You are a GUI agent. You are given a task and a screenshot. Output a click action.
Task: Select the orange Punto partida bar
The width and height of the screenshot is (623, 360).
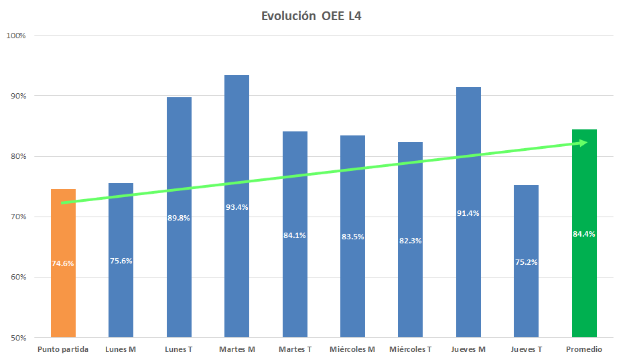click(63, 295)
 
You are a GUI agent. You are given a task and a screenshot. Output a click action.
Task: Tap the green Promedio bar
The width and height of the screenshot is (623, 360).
click(584, 282)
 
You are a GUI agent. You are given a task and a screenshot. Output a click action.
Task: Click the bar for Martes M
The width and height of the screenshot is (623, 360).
click(236, 268)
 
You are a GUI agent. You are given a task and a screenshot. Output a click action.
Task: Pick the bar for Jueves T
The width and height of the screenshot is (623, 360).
click(526, 295)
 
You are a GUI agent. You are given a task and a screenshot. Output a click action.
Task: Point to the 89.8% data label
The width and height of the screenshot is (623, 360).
click(179, 217)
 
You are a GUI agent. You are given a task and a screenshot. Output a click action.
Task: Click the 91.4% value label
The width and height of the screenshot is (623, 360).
click(468, 213)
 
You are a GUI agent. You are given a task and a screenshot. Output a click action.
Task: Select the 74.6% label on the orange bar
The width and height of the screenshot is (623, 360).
click(63, 263)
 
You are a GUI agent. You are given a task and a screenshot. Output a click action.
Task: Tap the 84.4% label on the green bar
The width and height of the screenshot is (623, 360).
click(584, 234)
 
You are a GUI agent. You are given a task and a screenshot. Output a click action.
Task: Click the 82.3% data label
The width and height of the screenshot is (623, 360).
click(410, 240)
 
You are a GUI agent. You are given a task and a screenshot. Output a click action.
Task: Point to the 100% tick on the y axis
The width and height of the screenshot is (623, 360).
click(15, 36)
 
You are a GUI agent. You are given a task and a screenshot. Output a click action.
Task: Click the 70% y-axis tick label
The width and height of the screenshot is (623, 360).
click(17, 217)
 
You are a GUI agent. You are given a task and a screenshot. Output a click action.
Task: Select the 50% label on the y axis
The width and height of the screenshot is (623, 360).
click(17, 338)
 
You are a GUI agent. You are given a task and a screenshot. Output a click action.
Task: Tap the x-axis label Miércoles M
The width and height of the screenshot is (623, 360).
click(352, 349)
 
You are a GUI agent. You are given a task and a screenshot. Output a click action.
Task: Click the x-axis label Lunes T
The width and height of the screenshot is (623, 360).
click(179, 349)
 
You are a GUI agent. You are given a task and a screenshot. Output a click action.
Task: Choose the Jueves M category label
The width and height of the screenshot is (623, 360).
click(468, 349)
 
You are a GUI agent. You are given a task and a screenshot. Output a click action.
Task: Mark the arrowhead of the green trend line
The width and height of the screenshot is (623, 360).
click(585, 142)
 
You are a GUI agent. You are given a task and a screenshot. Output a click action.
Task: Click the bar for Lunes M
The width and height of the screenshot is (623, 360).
click(121, 295)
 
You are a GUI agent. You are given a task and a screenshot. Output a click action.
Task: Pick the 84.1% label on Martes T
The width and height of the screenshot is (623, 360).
click(295, 235)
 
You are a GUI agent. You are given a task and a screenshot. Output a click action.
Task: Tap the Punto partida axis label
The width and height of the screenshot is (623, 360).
click(63, 349)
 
